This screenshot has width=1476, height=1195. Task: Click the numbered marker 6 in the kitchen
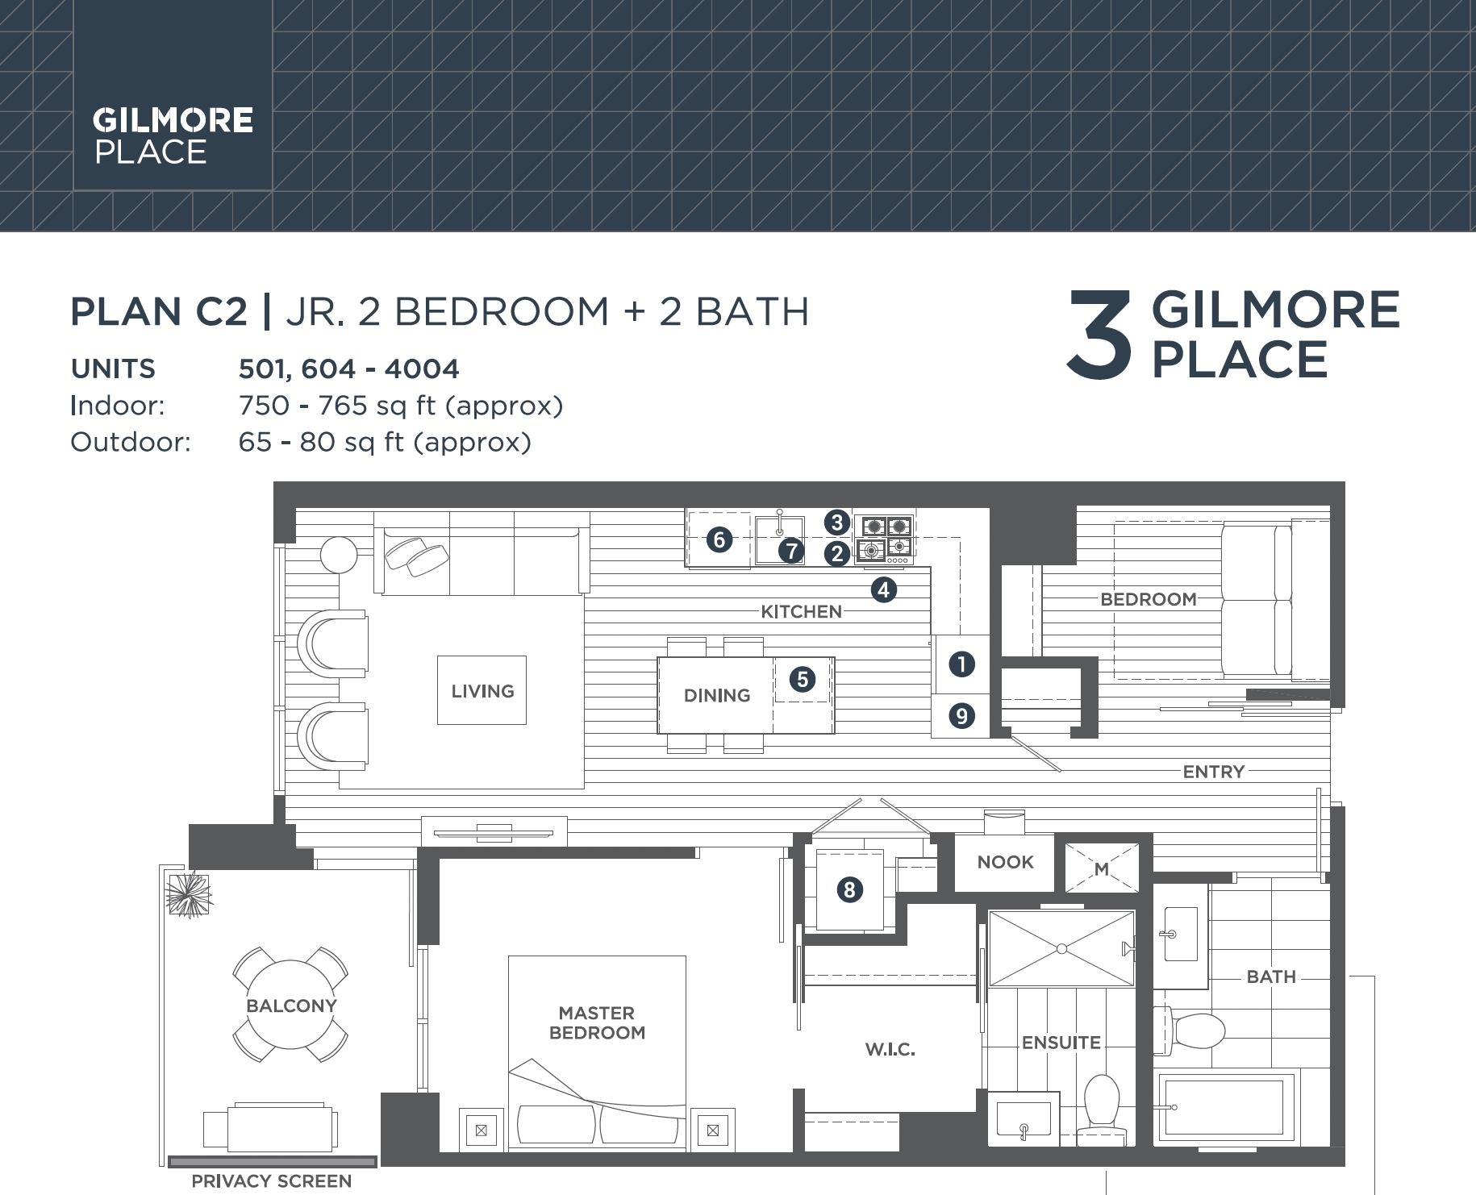click(719, 539)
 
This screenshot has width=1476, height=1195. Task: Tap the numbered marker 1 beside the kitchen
click(961, 664)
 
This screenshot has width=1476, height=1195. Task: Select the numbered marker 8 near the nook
click(848, 889)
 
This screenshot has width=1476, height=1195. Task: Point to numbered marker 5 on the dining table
click(802, 679)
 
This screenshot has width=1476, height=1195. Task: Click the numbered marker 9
click(961, 715)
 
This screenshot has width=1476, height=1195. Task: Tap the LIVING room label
click(482, 691)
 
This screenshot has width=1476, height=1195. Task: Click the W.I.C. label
click(890, 1049)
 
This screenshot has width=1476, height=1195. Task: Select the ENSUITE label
click(1061, 1043)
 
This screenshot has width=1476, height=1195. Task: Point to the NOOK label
click(1005, 862)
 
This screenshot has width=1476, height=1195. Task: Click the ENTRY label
click(1213, 772)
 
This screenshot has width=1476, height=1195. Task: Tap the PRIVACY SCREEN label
click(271, 1181)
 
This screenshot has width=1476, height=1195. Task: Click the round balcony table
click(291, 1005)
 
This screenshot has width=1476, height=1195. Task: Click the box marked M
click(1102, 868)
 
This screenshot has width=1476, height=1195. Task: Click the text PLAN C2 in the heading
click(159, 312)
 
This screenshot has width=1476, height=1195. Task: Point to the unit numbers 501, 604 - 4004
click(348, 369)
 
